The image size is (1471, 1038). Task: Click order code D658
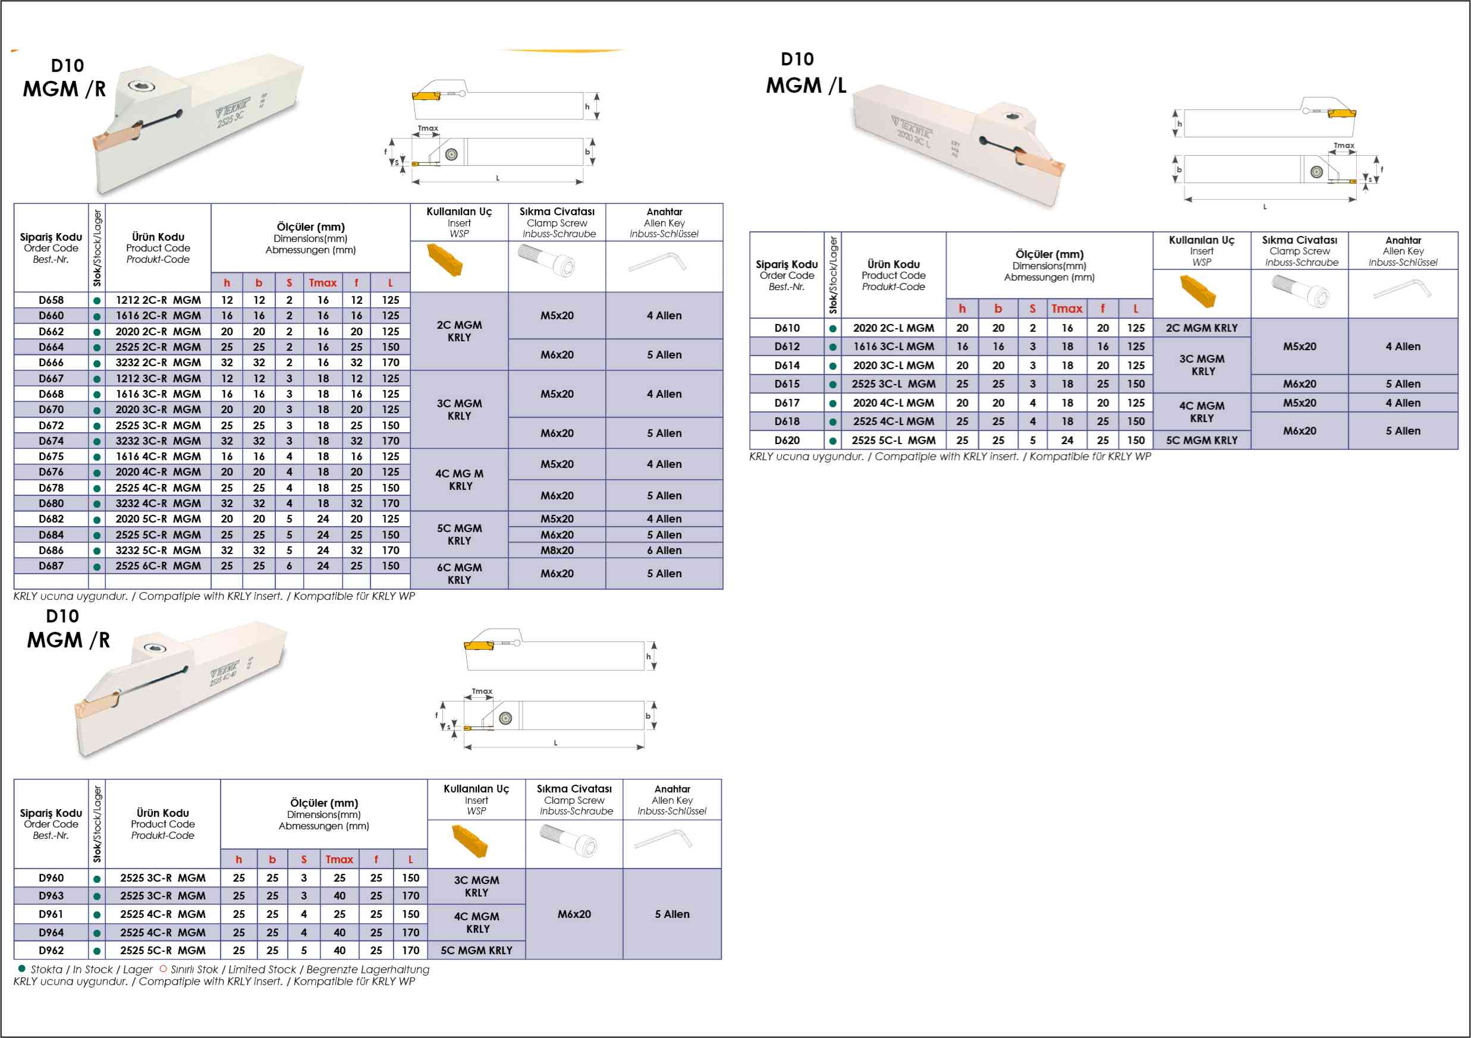[x=51, y=300]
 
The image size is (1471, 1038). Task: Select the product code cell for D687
[x=158, y=566]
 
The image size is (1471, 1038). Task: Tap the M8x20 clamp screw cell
[x=557, y=551]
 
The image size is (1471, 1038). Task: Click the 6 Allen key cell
[x=664, y=551]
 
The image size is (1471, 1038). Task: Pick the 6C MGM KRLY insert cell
[x=460, y=574]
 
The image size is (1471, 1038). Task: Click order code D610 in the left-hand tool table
[x=787, y=328]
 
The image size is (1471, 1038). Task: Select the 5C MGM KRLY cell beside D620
[x=1202, y=440]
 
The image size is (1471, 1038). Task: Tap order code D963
[x=51, y=896]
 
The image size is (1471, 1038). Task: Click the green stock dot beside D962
[x=97, y=951]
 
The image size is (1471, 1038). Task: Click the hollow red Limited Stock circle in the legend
[x=164, y=969]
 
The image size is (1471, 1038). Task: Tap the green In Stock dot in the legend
[x=22, y=969]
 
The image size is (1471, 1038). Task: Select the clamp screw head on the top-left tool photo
[x=138, y=86]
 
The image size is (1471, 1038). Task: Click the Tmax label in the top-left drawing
[x=428, y=128]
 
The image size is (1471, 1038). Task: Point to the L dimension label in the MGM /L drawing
[x=1265, y=207]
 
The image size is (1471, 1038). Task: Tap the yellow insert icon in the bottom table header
[x=470, y=841]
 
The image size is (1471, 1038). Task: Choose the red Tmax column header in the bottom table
[x=339, y=860]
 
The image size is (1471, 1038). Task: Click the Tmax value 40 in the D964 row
[x=339, y=933]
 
